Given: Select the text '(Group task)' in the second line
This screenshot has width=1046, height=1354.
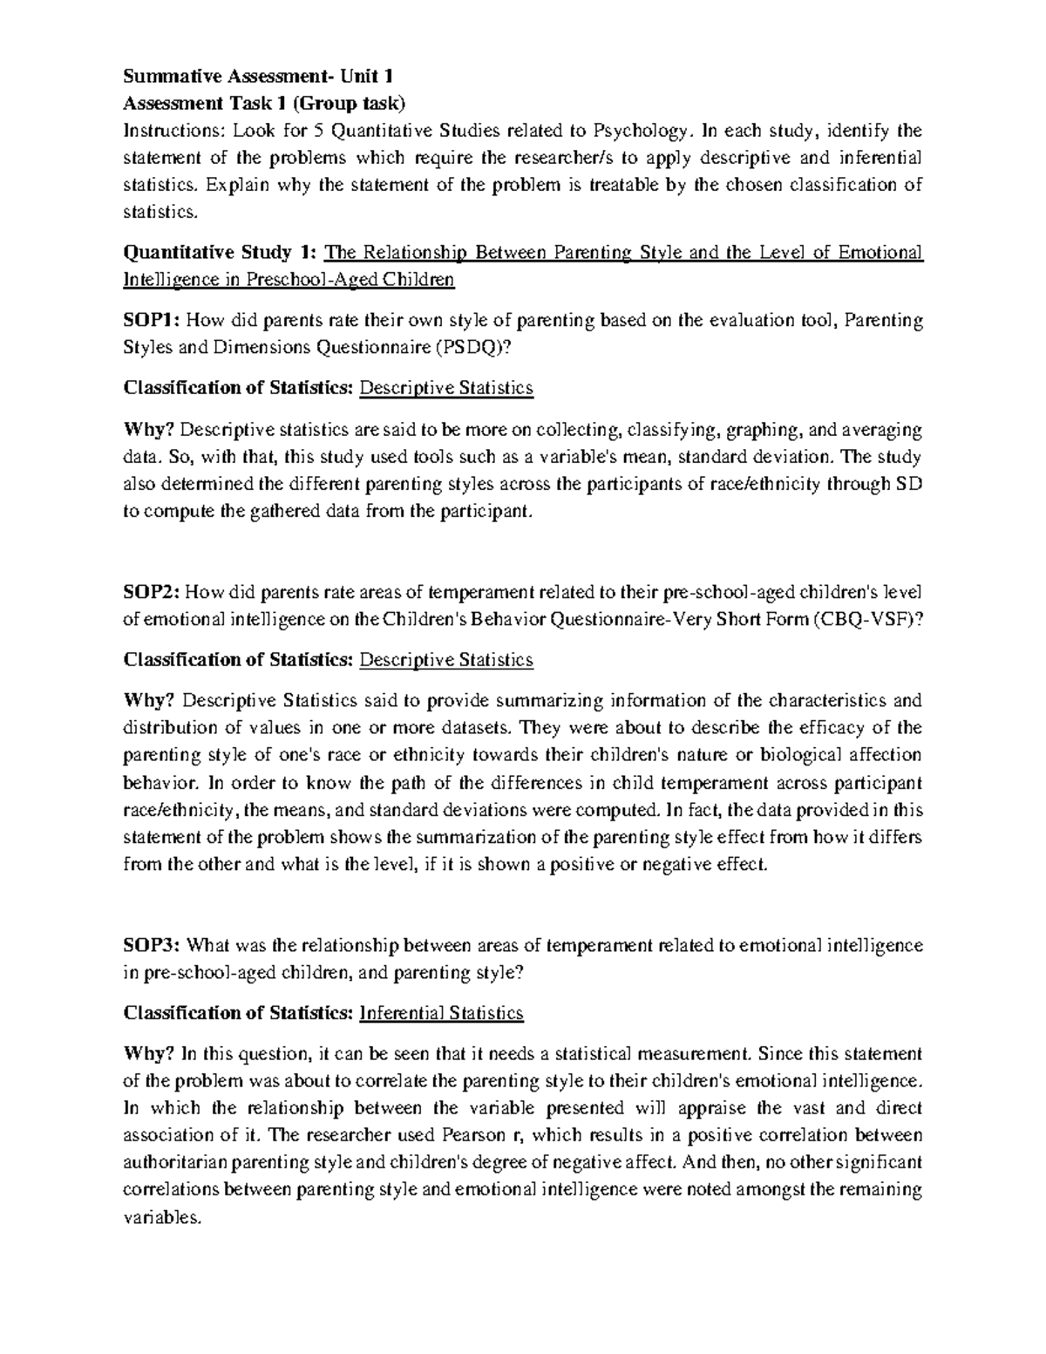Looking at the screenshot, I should coord(349,104).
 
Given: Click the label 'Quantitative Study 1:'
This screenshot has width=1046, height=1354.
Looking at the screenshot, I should coord(220,253).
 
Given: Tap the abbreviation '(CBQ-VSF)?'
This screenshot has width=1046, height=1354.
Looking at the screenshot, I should coord(867,620).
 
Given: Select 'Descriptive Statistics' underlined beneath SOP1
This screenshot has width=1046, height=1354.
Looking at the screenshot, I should coord(445,388).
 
